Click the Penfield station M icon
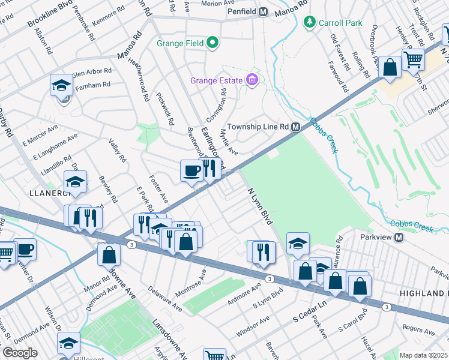point(264,12)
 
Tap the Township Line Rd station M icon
point(295,127)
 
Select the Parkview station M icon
point(399,238)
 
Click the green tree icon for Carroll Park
point(310,23)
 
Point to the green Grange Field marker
point(212,43)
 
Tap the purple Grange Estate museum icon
point(251,80)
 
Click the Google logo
point(20,353)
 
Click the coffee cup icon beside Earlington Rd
point(191,170)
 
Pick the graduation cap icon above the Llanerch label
point(76,182)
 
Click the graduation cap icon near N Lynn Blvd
point(297,244)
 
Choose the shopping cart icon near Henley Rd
point(413,60)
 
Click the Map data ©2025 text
point(423,355)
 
